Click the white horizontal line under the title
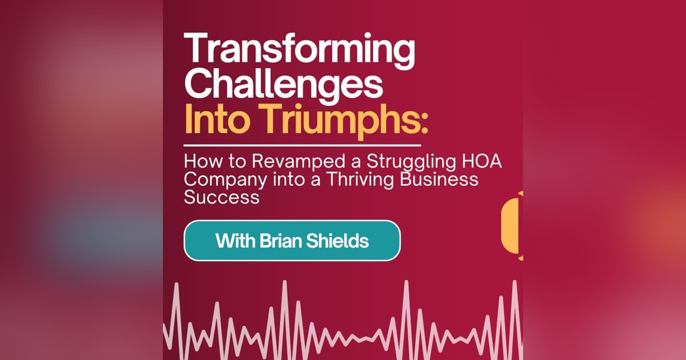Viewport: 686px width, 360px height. pos(302,146)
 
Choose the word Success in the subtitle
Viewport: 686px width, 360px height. pos(221,197)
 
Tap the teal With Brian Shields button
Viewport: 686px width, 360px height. pos(292,241)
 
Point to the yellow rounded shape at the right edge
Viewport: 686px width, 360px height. pos(512,226)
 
